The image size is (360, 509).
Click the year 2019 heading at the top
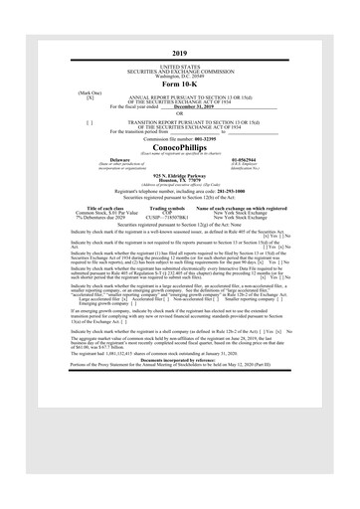(179, 52)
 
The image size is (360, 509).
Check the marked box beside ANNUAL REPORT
(90, 97)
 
